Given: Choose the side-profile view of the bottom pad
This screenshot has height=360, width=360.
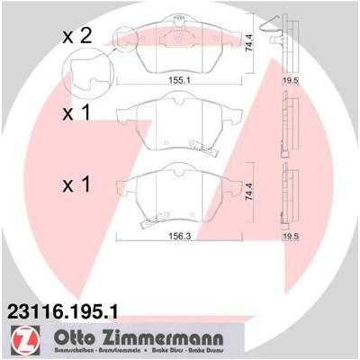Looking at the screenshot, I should [x=288, y=193].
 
